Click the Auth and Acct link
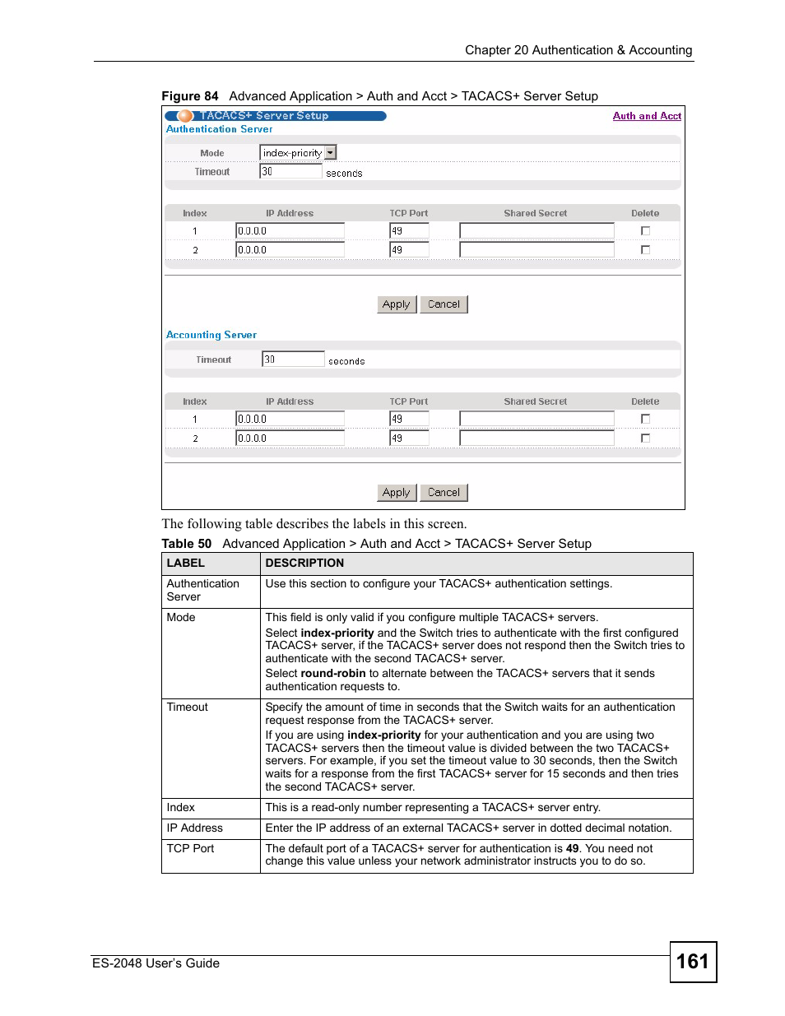tap(647, 116)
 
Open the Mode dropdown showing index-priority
tap(298, 153)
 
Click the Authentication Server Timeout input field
tap(290, 171)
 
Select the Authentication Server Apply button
tap(396, 304)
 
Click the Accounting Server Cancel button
tap(444, 493)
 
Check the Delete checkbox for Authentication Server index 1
tap(645, 231)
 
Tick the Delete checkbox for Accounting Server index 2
tap(645, 438)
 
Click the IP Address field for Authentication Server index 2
tap(290, 250)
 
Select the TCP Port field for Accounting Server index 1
tap(409, 419)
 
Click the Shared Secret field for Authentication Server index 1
tap(536, 231)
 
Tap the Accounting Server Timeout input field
tap(293, 360)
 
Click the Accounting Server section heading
tap(211, 335)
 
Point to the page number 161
tap(692, 962)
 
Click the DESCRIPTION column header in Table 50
tap(304, 564)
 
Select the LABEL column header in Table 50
tap(185, 564)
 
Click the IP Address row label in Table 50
tap(195, 828)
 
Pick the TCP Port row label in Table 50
tap(190, 849)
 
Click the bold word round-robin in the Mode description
tap(333, 674)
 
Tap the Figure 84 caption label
tap(190, 96)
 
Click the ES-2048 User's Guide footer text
tap(156, 963)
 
